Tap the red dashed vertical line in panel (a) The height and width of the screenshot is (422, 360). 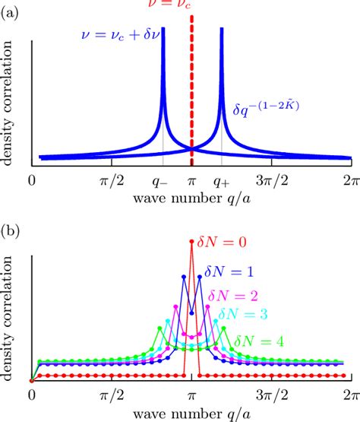point(191,91)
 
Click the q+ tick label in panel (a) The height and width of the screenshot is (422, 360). point(221,182)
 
